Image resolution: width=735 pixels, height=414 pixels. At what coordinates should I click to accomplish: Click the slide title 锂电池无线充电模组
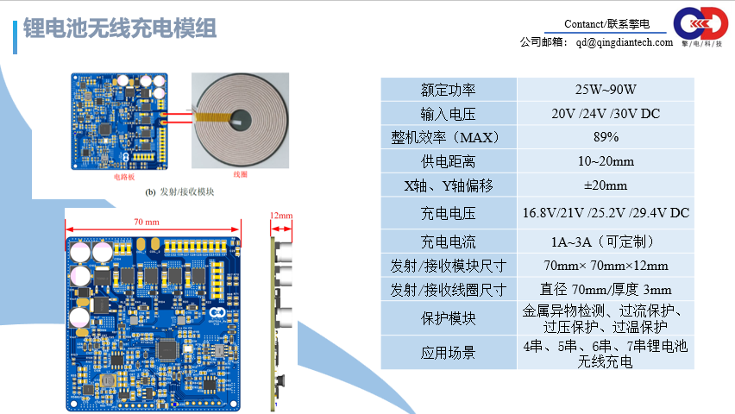click(120, 29)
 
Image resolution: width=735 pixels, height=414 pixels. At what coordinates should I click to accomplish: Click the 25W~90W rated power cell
click(606, 90)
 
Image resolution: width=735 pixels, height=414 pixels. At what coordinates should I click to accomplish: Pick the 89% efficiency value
click(606, 137)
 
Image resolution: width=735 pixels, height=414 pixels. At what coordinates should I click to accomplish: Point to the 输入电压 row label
click(449, 114)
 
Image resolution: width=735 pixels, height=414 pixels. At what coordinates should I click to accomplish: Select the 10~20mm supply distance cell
click(606, 161)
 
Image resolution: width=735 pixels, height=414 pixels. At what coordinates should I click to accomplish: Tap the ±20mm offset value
click(606, 185)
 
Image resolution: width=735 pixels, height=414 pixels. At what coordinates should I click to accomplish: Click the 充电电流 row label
click(449, 241)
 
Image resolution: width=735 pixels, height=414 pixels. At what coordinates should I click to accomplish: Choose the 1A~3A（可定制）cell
click(606, 241)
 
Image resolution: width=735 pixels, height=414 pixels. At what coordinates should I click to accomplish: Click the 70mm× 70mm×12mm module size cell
click(606, 266)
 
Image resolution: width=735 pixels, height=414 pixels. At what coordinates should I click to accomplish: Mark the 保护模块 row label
click(449, 318)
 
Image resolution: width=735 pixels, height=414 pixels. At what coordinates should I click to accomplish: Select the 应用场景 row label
click(449, 353)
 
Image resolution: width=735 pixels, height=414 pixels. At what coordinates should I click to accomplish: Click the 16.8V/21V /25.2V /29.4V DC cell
click(606, 212)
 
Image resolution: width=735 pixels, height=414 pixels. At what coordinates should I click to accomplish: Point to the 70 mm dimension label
click(146, 222)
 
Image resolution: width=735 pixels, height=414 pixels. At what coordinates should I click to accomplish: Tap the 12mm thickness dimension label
click(281, 216)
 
